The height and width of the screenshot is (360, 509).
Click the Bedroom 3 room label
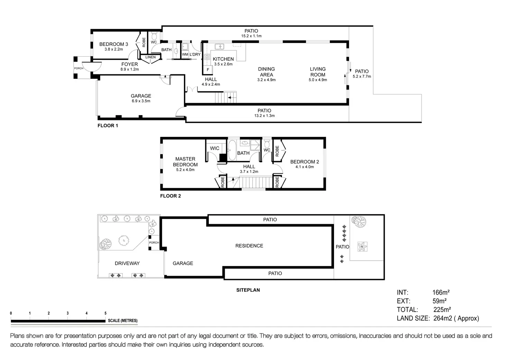[x=113, y=44]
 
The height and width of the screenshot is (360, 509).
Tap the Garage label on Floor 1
[x=141, y=96]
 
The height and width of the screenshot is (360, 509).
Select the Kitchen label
[x=223, y=59]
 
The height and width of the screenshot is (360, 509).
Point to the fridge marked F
[x=208, y=70]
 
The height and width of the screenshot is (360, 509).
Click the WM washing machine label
[x=185, y=55]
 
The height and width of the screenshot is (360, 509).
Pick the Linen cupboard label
[x=150, y=57]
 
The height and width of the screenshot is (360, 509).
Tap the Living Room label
[x=317, y=72]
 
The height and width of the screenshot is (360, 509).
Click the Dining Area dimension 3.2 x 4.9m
[x=266, y=80]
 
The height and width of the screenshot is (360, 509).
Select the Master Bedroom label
[x=185, y=162]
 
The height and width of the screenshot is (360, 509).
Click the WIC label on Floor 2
[x=215, y=148]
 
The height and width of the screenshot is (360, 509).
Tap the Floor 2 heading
[x=170, y=196]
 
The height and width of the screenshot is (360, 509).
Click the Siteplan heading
[x=248, y=290]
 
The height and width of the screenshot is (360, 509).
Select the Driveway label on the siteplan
[x=127, y=264]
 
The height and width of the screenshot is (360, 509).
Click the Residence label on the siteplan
[x=249, y=246]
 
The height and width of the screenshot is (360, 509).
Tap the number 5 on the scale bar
[x=105, y=313]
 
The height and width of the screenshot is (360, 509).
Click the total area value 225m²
[x=442, y=310]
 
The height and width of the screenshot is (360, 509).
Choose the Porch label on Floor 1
[x=79, y=68]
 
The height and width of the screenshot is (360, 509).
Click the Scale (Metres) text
[x=122, y=321]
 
